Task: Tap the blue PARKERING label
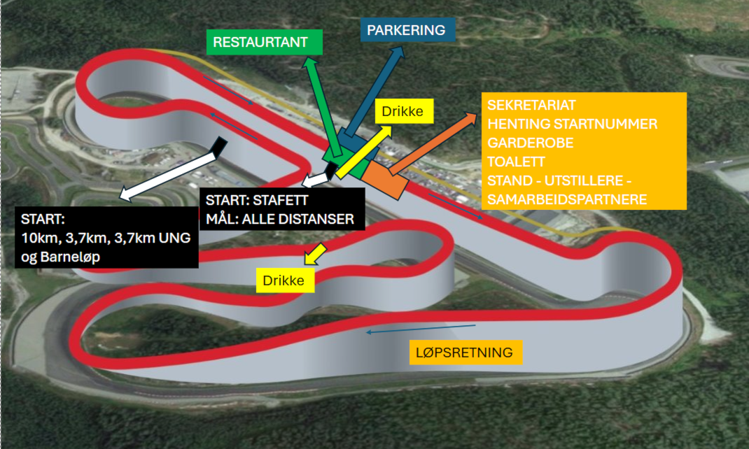[x=407, y=30]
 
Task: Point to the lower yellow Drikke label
[x=283, y=281]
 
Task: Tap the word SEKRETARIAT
[x=531, y=106]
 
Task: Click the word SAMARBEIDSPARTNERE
[x=567, y=199]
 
